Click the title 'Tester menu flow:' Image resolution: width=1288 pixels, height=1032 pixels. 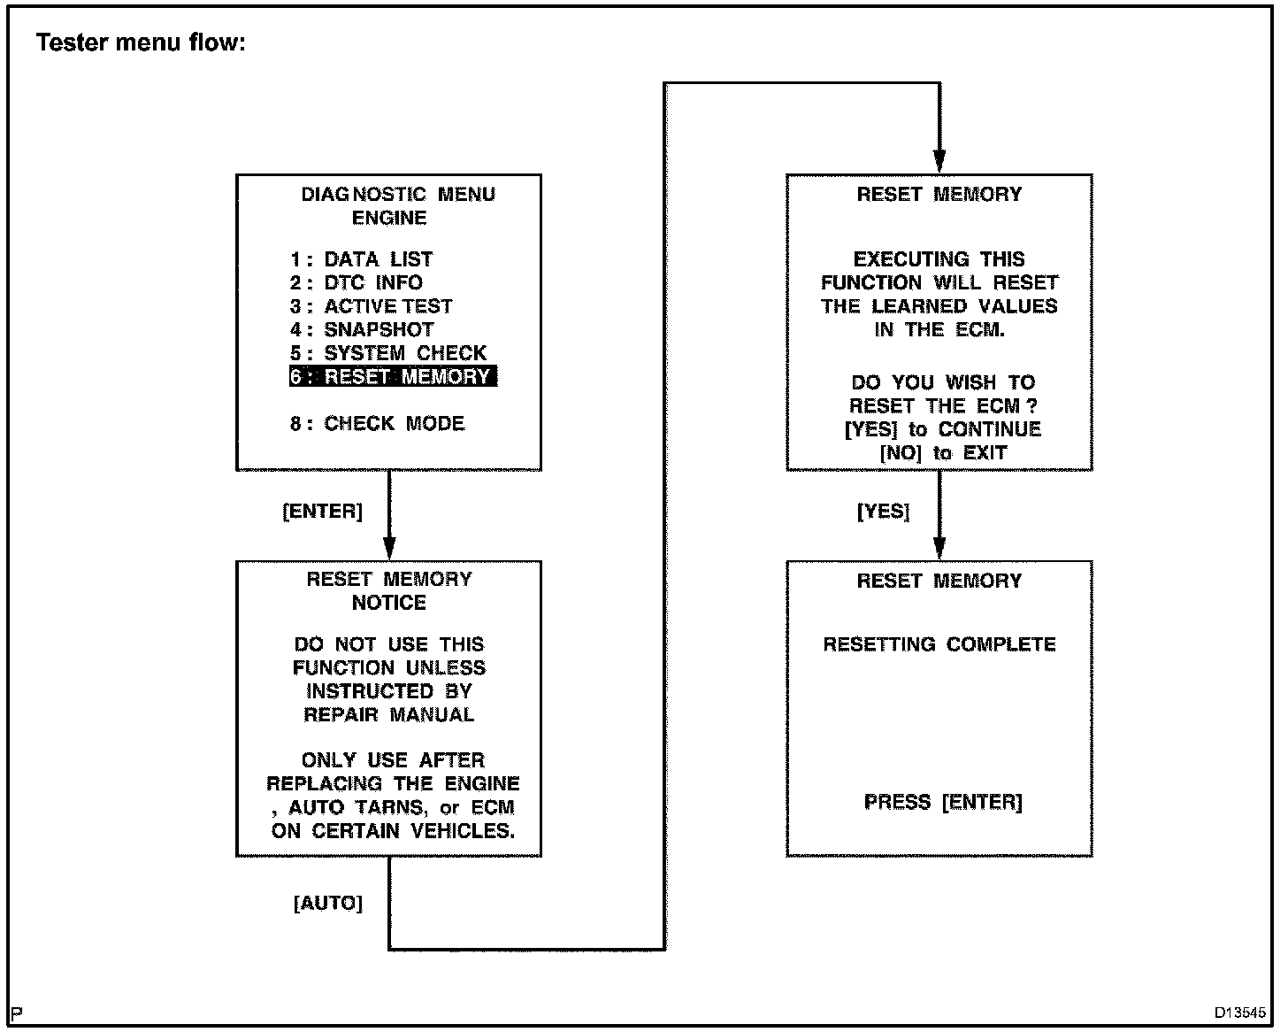click(x=141, y=42)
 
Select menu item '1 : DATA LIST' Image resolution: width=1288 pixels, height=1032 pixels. click(x=361, y=259)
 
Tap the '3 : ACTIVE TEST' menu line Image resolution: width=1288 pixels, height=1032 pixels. click(x=371, y=306)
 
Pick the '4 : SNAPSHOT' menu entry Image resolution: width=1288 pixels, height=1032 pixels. click(x=362, y=329)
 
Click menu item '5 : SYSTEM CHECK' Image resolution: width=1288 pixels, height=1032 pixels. click(x=388, y=353)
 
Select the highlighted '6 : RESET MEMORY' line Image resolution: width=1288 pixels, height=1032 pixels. click(x=392, y=376)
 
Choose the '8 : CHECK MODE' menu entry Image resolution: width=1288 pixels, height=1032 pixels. click(x=377, y=423)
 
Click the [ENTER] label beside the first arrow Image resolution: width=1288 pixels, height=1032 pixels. click(x=322, y=512)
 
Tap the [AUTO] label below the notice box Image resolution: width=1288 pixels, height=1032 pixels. click(x=328, y=904)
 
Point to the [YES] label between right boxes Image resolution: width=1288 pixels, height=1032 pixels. click(x=883, y=512)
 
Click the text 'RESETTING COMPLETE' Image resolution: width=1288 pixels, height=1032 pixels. click(x=939, y=644)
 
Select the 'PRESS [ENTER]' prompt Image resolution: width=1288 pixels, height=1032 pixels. click(x=943, y=802)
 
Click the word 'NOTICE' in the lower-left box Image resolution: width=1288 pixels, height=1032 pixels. click(x=389, y=603)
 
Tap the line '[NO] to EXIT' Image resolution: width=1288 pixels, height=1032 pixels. click(x=943, y=452)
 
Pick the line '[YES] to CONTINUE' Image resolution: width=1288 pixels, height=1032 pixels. click(x=943, y=429)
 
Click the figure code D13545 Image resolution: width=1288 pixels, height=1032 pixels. click(x=1240, y=1013)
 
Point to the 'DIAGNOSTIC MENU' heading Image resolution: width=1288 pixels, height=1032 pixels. click(x=398, y=195)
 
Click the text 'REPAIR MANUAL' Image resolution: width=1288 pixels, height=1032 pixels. click(x=389, y=714)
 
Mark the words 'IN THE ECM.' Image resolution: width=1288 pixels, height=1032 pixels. click(x=939, y=329)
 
